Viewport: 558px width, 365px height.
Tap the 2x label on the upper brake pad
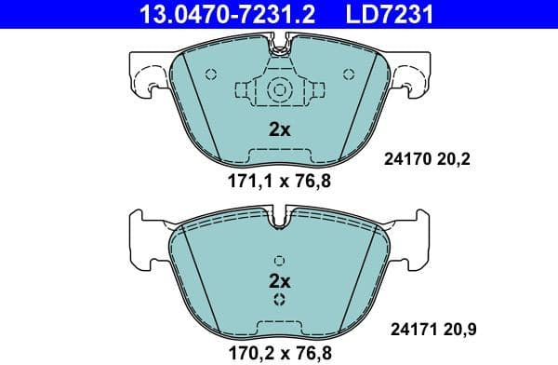[280, 130]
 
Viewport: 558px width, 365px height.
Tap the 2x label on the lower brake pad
[280, 279]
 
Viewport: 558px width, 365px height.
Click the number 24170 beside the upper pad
[405, 160]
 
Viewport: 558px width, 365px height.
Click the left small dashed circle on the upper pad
[210, 74]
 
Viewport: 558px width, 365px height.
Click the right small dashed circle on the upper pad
[349, 74]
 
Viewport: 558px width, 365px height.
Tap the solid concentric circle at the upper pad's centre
[280, 90]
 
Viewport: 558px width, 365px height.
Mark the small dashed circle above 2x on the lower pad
[280, 260]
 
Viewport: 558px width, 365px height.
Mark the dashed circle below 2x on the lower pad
[280, 300]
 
